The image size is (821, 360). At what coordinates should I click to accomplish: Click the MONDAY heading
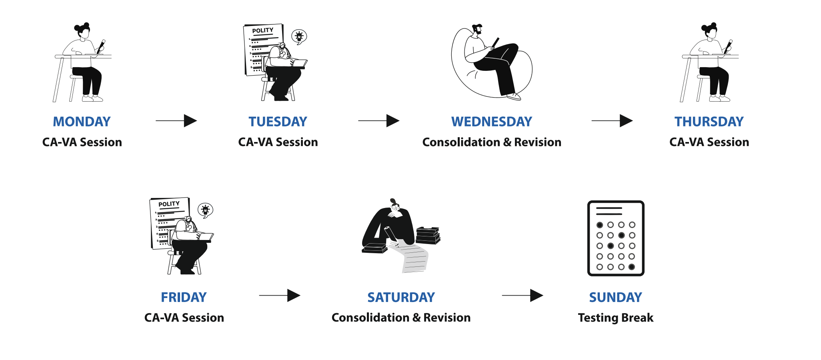(x=82, y=122)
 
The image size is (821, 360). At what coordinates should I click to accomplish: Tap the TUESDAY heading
(x=278, y=122)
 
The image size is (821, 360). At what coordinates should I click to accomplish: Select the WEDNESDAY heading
(x=492, y=122)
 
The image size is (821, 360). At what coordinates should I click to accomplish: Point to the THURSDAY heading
(x=709, y=122)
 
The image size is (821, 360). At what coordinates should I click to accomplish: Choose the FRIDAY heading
(x=184, y=297)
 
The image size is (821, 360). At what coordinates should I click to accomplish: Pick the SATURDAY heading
(x=401, y=297)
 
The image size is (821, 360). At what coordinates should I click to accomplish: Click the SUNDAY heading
(x=615, y=297)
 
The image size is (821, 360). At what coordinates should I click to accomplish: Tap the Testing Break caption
(x=615, y=318)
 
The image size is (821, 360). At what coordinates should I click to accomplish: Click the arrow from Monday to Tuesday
(x=176, y=120)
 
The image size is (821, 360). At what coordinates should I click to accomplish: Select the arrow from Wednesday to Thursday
(x=612, y=120)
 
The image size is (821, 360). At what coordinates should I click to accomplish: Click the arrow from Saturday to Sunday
(x=522, y=296)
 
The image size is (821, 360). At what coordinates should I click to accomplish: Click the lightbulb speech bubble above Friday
(x=205, y=210)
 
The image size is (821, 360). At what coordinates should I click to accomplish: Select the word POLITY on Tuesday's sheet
(x=262, y=30)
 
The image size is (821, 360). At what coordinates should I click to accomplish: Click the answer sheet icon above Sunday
(x=616, y=238)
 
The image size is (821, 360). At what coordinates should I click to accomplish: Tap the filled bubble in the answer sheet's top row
(x=600, y=225)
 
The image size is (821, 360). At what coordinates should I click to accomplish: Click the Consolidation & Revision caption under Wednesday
(x=492, y=142)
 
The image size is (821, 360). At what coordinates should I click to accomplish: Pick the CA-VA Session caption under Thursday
(x=709, y=142)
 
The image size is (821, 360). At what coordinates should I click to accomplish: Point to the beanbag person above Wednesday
(x=492, y=62)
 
